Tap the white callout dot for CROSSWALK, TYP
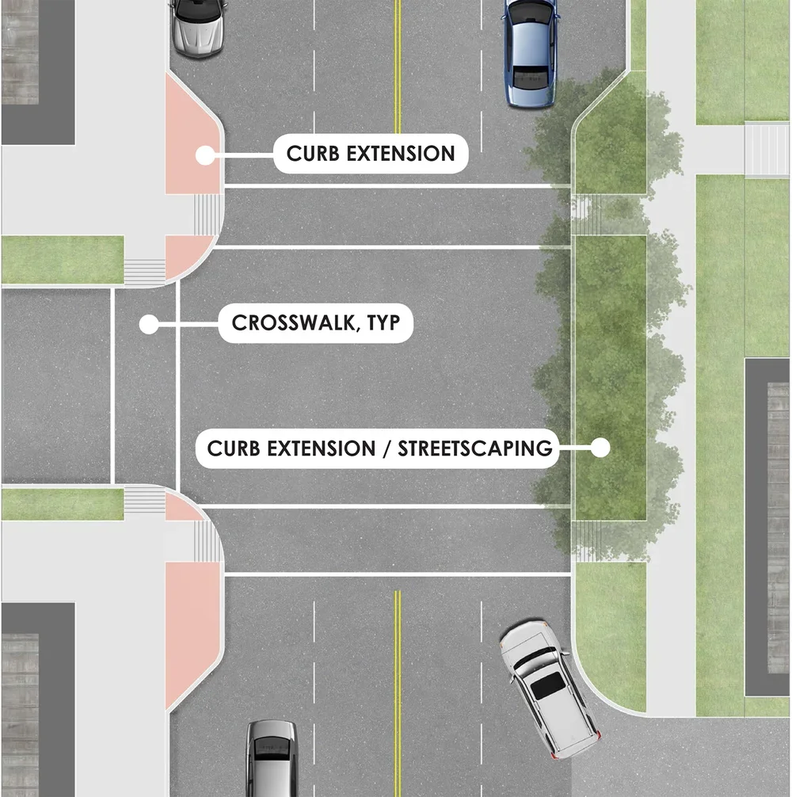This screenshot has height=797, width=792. (146, 323)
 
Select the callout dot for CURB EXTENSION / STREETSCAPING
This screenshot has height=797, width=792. (600, 448)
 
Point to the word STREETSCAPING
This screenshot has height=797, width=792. (474, 448)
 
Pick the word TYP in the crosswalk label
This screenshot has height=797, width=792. (383, 323)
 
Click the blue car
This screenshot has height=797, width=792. (529, 53)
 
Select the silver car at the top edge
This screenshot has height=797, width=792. (197, 27)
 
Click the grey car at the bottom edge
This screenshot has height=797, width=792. (270, 758)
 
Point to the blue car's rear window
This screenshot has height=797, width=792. (529, 77)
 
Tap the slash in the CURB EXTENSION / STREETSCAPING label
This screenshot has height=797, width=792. (386, 448)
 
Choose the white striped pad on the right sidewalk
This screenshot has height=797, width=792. (767, 149)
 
